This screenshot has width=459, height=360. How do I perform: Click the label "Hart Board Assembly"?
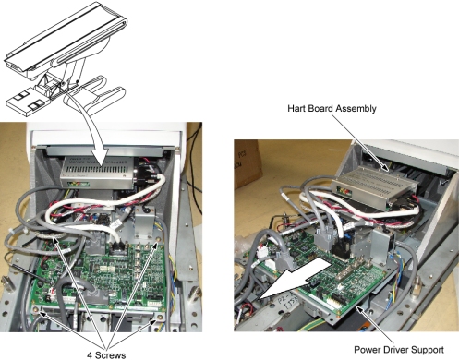click(332, 109)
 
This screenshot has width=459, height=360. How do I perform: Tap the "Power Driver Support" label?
click(399, 350)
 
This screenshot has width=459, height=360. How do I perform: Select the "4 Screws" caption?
click(106, 355)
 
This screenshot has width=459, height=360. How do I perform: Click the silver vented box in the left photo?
click(97, 172)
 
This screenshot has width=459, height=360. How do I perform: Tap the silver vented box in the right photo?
click(375, 186)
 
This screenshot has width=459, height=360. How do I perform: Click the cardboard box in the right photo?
click(248, 163)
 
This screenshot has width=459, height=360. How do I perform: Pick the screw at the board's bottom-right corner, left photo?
click(160, 317)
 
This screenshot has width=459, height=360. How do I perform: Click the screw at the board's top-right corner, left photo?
click(159, 240)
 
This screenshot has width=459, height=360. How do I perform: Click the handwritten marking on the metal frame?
click(289, 304)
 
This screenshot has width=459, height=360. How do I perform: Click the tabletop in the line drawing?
click(66, 37)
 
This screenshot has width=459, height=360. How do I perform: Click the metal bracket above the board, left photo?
click(145, 222)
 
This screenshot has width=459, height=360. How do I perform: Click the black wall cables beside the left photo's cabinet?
click(194, 160)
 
